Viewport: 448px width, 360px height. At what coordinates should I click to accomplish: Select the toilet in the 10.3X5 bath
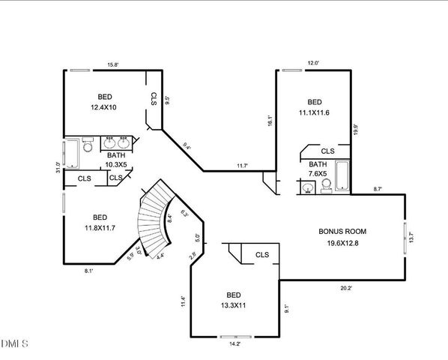tap(88, 145)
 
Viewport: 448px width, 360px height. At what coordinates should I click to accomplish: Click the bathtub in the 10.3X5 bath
tap(71, 154)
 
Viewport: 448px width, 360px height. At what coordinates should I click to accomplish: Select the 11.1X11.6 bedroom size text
tap(314, 112)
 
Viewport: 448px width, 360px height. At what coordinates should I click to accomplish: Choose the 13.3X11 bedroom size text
tap(232, 306)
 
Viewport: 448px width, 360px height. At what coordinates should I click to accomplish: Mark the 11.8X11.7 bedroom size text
tap(99, 228)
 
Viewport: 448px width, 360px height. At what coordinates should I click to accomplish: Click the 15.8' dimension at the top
tap(113, 64)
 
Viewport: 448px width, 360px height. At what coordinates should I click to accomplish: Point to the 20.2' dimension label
tap(346, 286)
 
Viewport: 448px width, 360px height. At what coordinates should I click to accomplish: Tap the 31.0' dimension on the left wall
tap(58, 166)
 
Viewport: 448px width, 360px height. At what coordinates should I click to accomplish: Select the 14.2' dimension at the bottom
tap(234, 343)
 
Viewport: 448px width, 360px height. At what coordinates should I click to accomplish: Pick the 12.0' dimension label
tap(313, 63)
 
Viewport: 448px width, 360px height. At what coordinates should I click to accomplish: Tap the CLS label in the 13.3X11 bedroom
tap(261, 255)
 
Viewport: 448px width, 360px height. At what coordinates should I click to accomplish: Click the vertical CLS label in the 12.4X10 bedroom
tap(153, 99)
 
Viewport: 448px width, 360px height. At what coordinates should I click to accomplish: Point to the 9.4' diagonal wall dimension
tap(187, 148)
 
